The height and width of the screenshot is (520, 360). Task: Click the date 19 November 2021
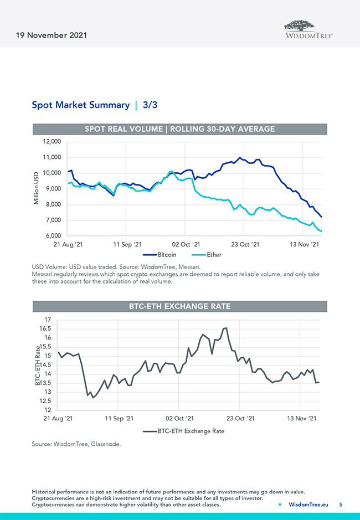pos(48,35)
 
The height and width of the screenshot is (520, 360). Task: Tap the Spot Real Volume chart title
pos(179,129)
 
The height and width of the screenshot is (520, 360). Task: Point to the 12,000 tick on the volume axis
pos(52,142)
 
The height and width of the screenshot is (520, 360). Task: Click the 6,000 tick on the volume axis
pos(53,236)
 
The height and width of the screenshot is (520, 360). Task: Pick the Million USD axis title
pos(37,188)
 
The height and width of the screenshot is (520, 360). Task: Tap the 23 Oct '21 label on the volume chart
pos(245,244)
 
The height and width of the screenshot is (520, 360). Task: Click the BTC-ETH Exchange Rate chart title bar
pos(179,306)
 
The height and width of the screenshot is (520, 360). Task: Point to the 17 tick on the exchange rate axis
pos(47,320)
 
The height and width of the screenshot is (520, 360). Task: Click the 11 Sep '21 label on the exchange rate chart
pos(119,418)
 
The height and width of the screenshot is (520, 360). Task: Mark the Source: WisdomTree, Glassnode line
pos(76,444)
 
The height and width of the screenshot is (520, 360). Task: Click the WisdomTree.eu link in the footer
pos(308,504)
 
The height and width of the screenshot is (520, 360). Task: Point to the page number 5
pos(341,504)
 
